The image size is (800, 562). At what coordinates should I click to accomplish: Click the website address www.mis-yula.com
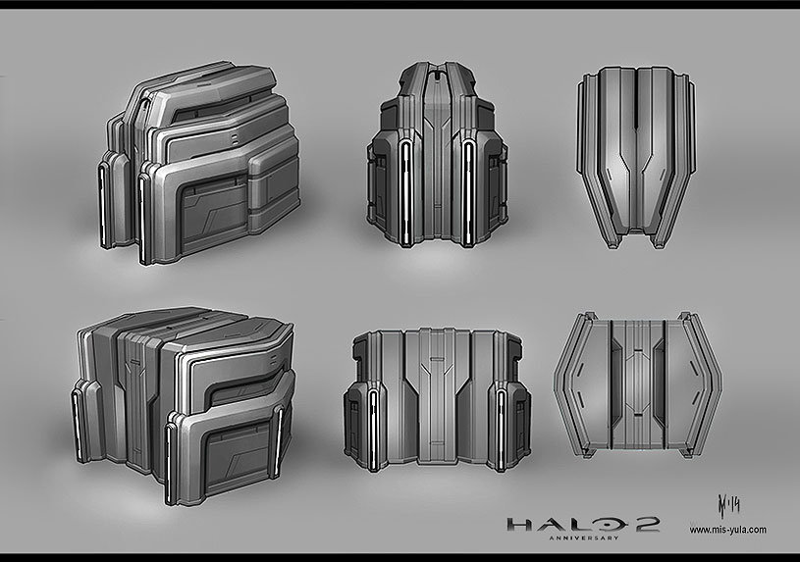point(727,530)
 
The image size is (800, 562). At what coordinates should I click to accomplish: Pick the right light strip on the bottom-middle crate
point(502,421)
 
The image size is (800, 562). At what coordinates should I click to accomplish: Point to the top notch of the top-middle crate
point(438,70)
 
